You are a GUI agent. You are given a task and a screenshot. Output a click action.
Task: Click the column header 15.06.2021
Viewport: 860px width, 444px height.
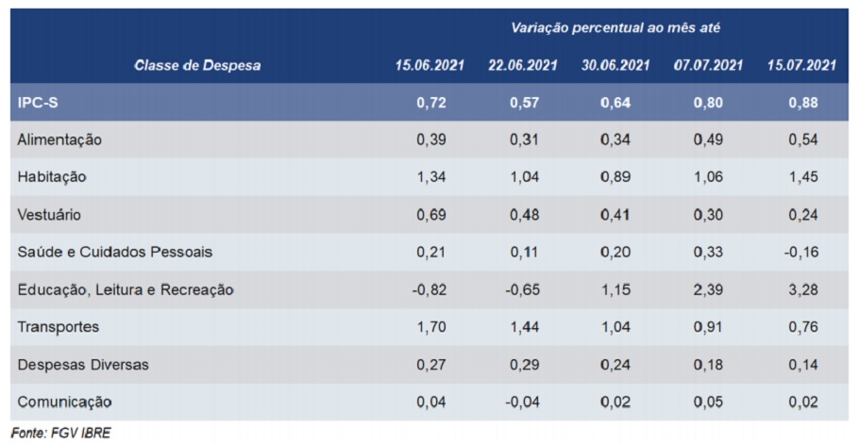(430, 65)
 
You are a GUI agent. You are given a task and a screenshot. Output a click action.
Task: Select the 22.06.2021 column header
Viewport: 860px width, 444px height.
(523, 65)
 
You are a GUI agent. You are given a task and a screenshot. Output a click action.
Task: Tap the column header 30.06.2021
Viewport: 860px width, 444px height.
(615, 65)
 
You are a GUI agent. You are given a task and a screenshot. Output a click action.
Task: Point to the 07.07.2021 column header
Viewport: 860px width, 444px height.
(708, 65)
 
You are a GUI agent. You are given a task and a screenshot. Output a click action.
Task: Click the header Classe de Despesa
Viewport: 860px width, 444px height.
(197, 65)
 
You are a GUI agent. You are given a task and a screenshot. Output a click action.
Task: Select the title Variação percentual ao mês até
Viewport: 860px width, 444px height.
(615, 28)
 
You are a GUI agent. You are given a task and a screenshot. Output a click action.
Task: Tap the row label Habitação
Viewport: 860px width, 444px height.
(52, 176)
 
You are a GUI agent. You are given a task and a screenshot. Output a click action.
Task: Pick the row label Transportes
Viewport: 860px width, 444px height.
(59, 327)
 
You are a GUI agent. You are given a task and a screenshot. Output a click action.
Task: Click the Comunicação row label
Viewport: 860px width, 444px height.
(64, 403)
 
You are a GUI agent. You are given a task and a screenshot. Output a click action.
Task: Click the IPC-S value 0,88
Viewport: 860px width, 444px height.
(801, 102)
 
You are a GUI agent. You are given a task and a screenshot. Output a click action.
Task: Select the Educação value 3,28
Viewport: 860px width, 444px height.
(801, 289)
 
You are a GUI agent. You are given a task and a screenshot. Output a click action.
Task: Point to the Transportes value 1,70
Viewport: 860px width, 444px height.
(430, 327)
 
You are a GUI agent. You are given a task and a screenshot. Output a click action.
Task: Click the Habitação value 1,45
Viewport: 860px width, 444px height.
(801, 176)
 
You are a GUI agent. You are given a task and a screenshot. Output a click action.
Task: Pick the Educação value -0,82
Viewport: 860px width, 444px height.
(429, 289)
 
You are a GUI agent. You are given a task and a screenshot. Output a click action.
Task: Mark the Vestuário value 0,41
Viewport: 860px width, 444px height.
(615, 214)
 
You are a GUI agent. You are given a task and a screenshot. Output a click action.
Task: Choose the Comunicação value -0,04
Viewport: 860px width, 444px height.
(521, 403)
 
